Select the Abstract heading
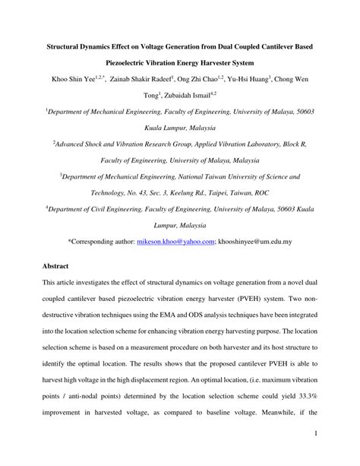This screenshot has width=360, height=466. pos(55,267)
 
